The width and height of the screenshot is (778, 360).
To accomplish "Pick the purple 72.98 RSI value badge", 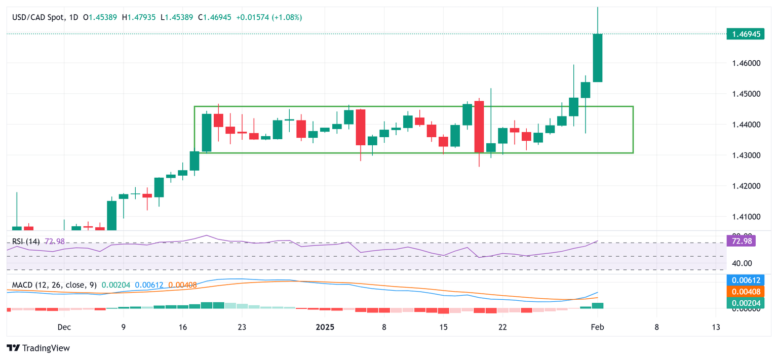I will [742, 241].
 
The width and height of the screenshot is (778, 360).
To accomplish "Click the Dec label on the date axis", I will [64, 327].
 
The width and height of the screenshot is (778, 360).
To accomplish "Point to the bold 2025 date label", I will [325, 327].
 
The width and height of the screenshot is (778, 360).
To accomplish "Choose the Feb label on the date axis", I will [598, 327].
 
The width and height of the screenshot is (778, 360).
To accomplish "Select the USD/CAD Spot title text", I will [38, 17].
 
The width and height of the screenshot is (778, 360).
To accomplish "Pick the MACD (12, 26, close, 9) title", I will [53, 286].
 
